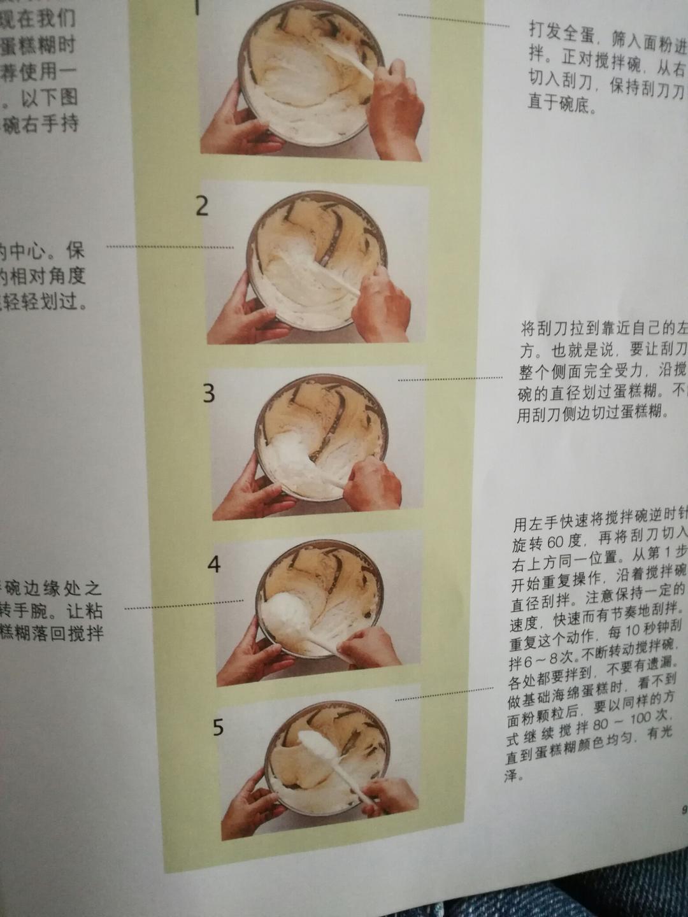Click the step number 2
click(202, 206)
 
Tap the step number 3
click(209, 394)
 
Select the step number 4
click(214, 564)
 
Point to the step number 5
click(219, 727)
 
